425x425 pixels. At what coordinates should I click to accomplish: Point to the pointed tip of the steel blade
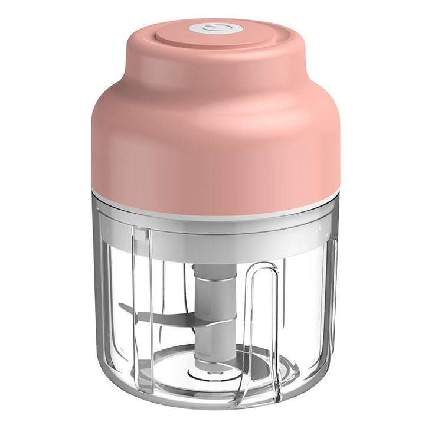point(120,305)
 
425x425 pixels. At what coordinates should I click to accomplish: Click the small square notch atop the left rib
point(140,235)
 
